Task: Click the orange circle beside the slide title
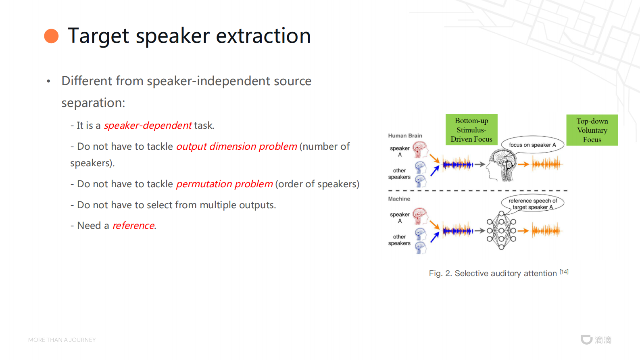[x=52, y=36]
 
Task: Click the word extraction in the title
[x=263, y=36]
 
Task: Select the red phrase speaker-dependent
[x=148, y=126]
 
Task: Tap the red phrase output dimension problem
[x=237, y=147]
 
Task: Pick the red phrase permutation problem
[x=225, y=184]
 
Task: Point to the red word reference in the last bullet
[x=134, y=226]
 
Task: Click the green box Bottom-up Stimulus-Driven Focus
[x=471, y=130]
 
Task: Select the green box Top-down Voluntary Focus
[x=592, y=130]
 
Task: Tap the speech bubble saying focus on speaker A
[x=533, y=145]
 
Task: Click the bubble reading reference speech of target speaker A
[x=533, y=203]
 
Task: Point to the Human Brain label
[x=405, y=136]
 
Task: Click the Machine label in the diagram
[x=399, y=199]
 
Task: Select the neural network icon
[x=501, y=230]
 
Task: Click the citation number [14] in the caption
[x=564, y=271]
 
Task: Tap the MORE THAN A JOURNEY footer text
[x=62, y=340]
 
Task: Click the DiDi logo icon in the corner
[x=586, y=339]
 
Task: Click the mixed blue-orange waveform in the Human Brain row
[x=458, y=164]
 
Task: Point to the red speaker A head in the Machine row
[x=420, y=216]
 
